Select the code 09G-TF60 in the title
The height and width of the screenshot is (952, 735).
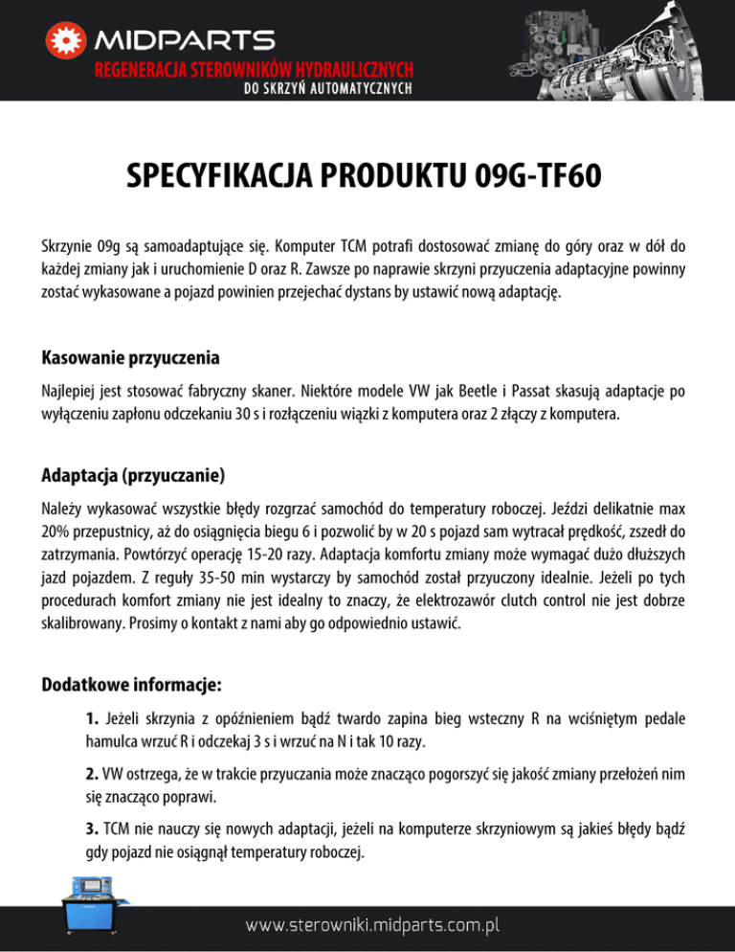[543, 178]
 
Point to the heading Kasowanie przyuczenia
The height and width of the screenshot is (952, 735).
[131, 358]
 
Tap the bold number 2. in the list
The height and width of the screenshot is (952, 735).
[91, 772]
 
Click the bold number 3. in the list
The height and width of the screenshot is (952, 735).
[91, 827]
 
